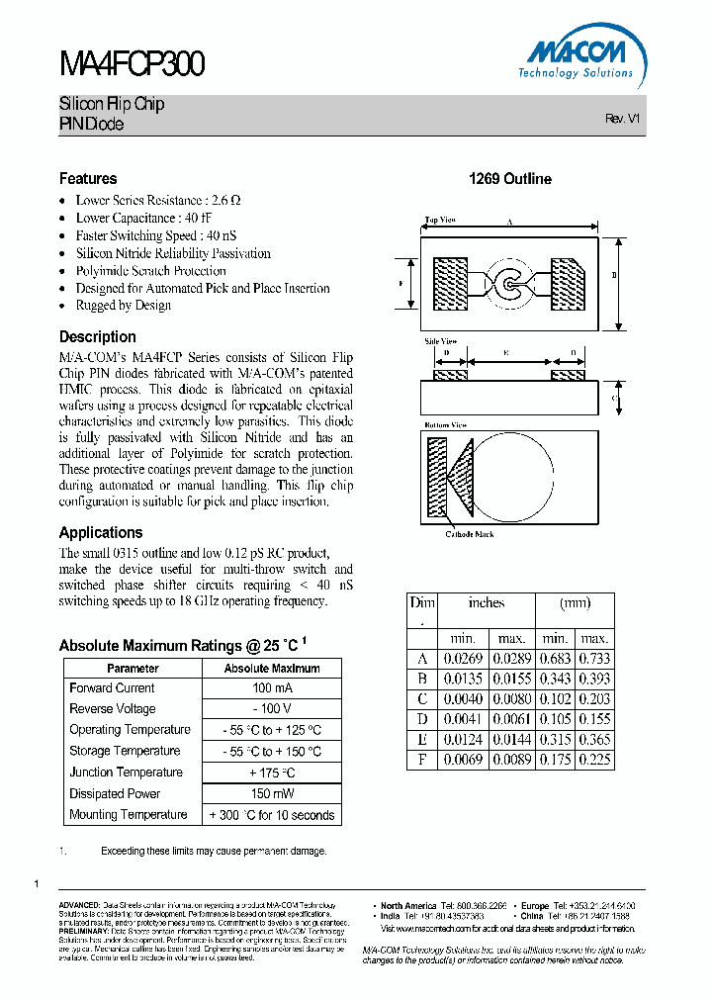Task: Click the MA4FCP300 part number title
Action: click(133, 64)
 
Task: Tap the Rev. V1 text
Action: click(623, 118)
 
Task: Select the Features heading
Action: click(88, 179)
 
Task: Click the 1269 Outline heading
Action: click(509, 179)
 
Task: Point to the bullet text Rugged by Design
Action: click(124, 306)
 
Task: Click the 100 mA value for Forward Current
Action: click(272, 688)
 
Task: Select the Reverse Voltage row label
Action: click(113, 709)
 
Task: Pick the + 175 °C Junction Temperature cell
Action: click(272, 773)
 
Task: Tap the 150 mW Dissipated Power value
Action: click(272, 794)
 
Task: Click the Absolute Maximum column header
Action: click(272, 669)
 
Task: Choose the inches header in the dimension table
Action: click(486, 602)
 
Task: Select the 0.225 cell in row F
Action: click(594, 760)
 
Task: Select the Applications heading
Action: click(101, 532)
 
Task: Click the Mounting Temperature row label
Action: click(128, 815)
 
